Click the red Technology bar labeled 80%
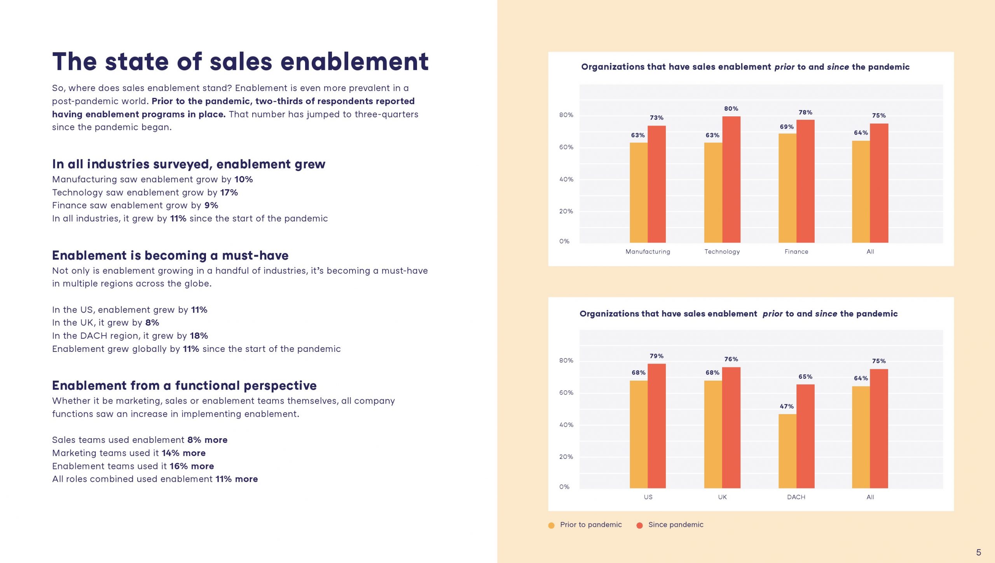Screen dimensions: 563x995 [x=731, y=179]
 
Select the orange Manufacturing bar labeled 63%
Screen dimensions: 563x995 [x=639, y=192]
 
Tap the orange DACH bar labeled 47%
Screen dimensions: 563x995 [x=787, y=451]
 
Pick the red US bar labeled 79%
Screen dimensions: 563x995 [x=656, y=426]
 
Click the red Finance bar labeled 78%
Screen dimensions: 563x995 [x=805, y=181]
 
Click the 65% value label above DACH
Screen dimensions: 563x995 [x=805, y=376]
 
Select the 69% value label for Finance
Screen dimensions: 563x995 [x=787, y=127]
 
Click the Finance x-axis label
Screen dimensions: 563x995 [x=796, y=252]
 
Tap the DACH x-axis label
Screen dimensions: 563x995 [x=796, y=497]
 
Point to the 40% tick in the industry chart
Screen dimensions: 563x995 [x=566, y=179]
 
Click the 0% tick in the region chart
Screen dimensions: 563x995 [x=564, y=487]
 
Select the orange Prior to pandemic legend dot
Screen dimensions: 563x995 [x=551, y=525]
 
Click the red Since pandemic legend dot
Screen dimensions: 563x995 [x=639, y=525]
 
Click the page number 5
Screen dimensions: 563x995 [x=978, y=552]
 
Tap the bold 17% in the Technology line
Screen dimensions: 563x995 [x=229, y=192]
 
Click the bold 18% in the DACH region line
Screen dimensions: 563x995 [x=199, y=336]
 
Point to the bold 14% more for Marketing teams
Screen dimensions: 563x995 [x=183, y=453]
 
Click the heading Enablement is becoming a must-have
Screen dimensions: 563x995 [x=170, y=255]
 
